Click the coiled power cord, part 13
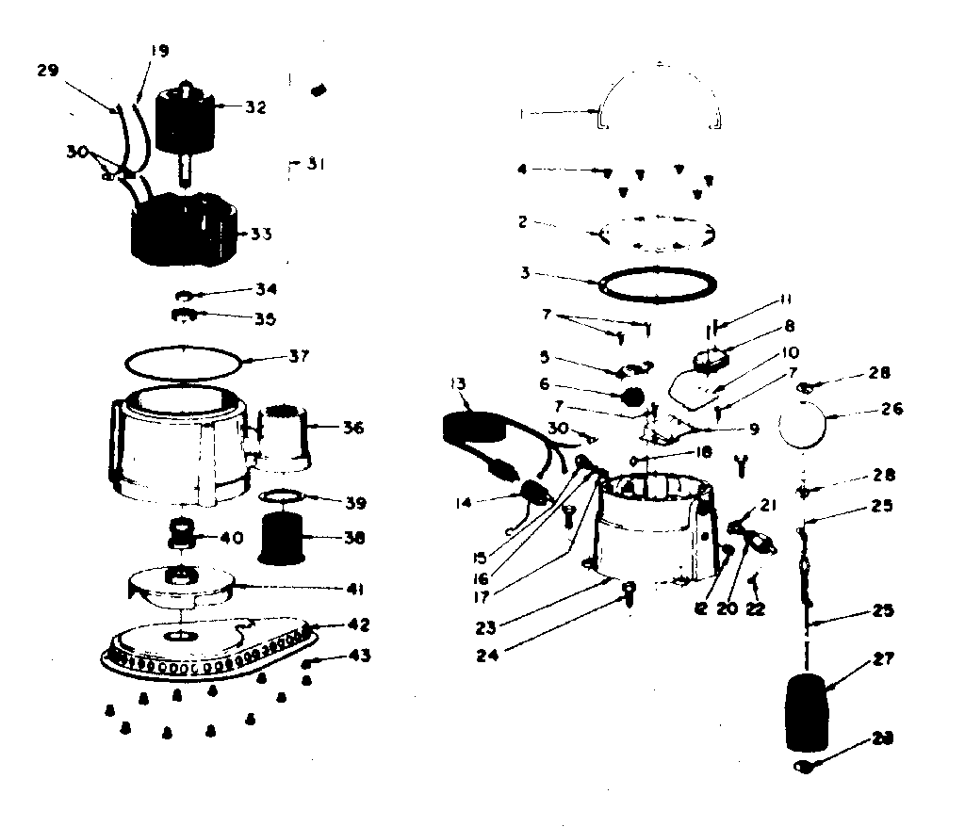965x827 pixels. (x=471, y=425)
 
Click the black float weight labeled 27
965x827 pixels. (x=806, y=711)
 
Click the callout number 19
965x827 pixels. (x=158, y=51)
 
